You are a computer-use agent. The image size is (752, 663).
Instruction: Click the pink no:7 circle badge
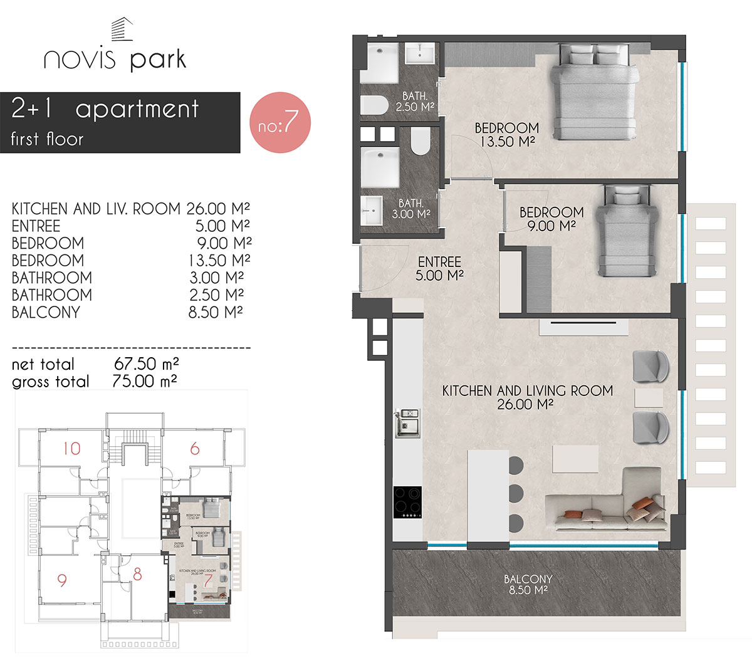point(280,123)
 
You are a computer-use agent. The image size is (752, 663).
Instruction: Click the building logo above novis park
point(122,31)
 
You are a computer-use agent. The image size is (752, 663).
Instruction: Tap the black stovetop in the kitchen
point(407,503)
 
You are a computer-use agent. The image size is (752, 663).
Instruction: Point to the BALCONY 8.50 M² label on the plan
point(528,585)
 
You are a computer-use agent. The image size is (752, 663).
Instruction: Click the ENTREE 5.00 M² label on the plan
point(439,268)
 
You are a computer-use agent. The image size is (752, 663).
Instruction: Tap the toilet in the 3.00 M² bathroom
point(420,142)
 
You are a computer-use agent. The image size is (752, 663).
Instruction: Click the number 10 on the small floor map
point(71,448)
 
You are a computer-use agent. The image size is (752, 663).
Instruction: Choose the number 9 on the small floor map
point(61,580)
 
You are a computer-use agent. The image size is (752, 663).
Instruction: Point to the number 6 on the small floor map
point(195,448)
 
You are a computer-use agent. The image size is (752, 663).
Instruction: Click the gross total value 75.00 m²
point(144,381)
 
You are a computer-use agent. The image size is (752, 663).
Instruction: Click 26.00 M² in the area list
point(218,209)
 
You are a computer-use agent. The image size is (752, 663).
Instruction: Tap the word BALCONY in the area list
point(46,312)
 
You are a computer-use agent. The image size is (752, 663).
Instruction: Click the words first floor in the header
point(47,138)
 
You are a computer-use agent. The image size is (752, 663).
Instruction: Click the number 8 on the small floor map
point(138,574)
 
